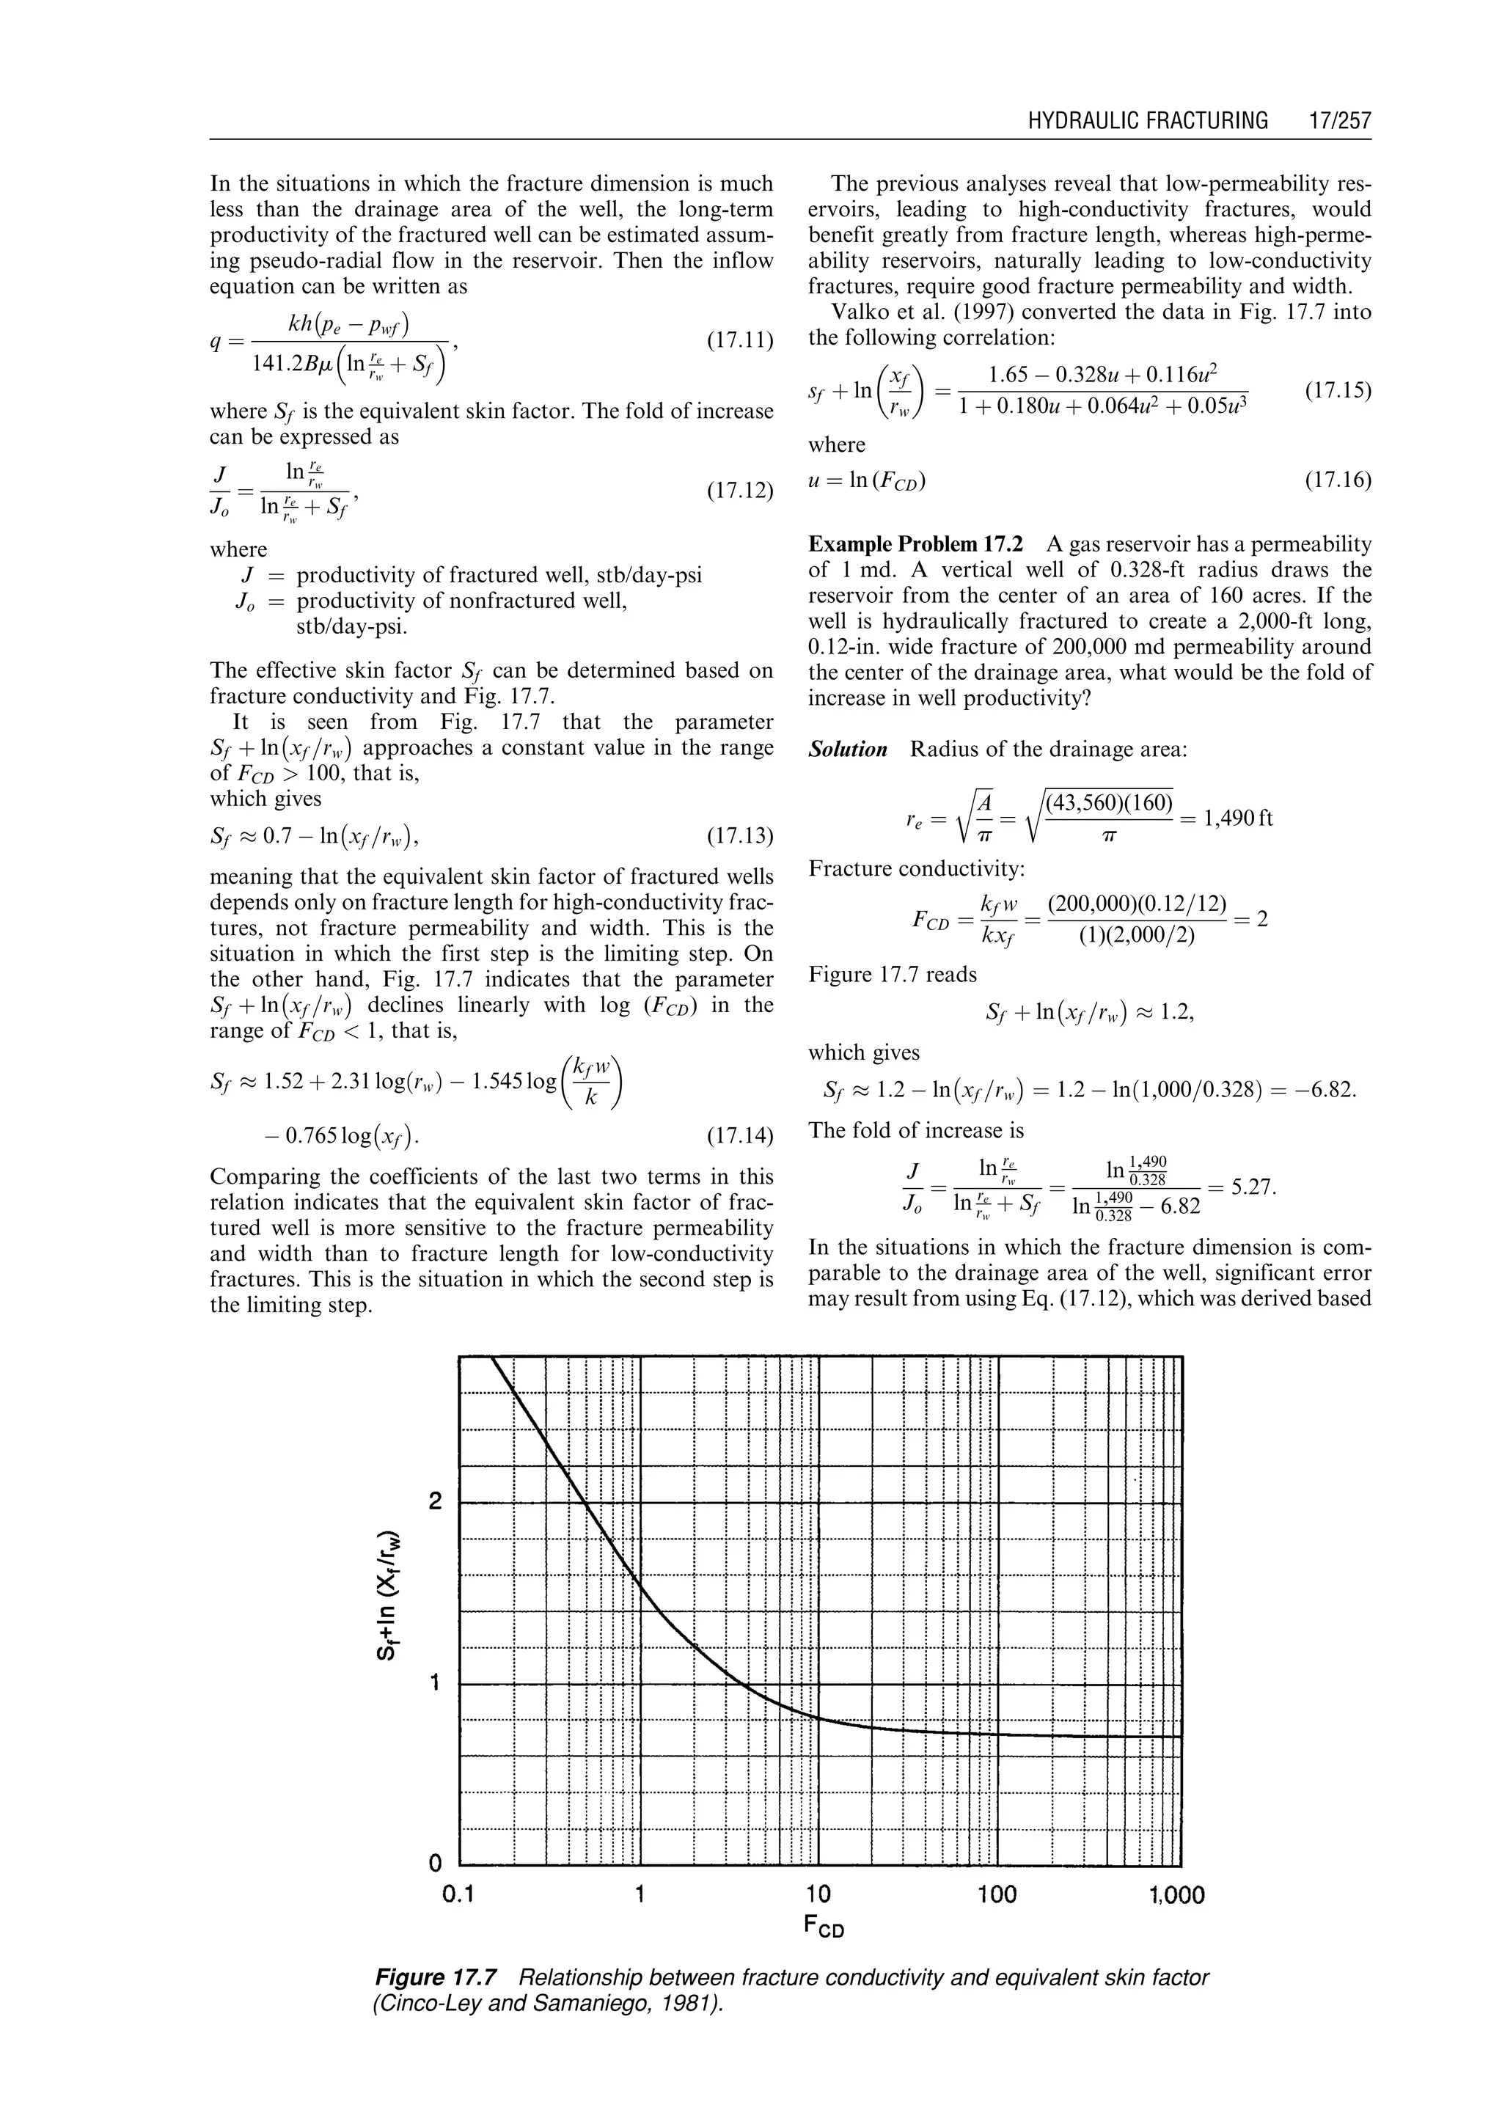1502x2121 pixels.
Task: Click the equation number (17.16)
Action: [1338, 480]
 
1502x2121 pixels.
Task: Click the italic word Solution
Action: [848, 750]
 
